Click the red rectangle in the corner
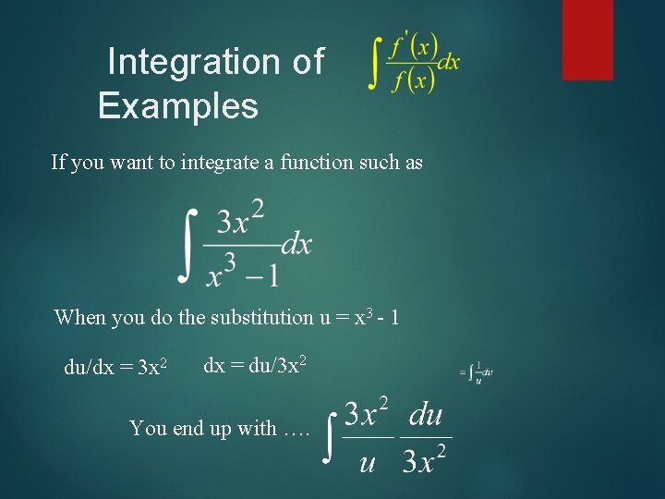(587, 39)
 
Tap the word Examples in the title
(178, 106)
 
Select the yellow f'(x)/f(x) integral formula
(414, 64)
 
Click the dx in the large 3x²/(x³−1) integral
(296, 245)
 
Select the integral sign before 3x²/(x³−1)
(187, 245)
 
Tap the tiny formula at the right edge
(477, 371)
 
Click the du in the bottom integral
(426, 414)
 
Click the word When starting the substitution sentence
(79, 318)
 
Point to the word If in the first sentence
(59, 163)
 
